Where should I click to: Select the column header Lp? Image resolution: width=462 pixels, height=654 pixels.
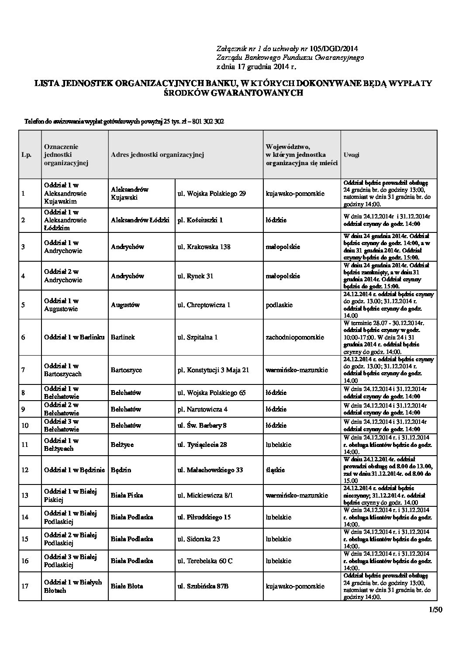(x=26, y=155)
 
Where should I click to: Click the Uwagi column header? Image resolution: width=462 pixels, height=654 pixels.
(x=352, y=155)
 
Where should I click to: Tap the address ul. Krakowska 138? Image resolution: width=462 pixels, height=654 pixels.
(x=204, y=247)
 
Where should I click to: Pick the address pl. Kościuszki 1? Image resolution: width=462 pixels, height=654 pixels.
(x=200, y=220)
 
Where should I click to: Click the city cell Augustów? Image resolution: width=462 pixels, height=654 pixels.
(x=125, y=305)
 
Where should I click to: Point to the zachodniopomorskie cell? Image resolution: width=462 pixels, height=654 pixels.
(x=295, y=337)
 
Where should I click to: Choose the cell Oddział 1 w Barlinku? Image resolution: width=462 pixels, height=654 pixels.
(x=74, y=337)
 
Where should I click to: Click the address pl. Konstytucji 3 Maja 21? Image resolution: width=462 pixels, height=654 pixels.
(x=213, y=370)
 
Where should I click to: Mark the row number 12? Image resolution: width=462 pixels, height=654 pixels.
(x=25, y=470)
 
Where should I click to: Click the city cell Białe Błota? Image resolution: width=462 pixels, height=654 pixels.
(x=127, y=586)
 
